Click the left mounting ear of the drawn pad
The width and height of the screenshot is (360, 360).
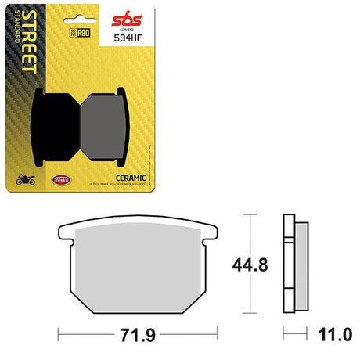coord(67,232)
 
